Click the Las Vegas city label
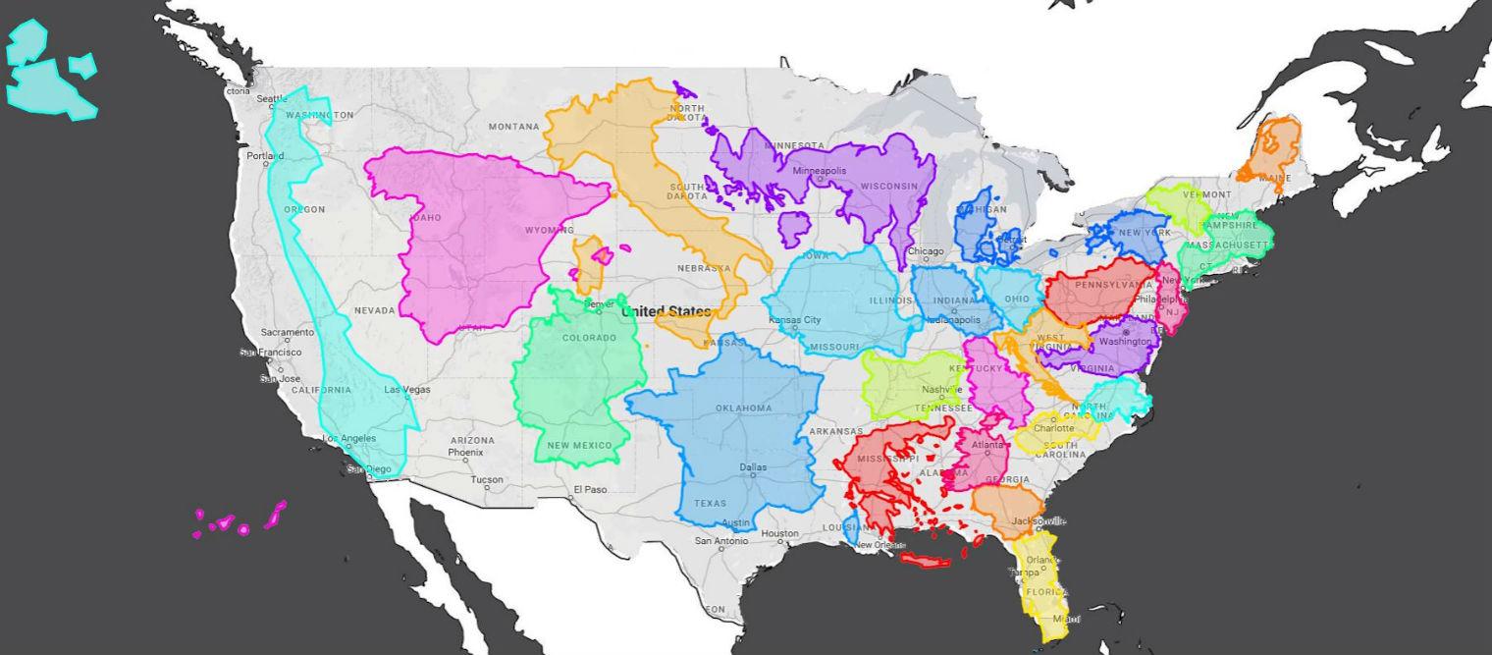(x=406, y=390)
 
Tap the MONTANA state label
(x=514, y=127)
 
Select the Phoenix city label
(x=465, y=453)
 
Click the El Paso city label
(x=591, y=489)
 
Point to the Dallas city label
(x=754, y=467)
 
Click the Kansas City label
(x=795, y=321)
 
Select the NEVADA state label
(x=374, y=310)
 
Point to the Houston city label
(x=780, y=534)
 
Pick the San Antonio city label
(x=721, y=541)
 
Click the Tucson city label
(x=486, y=480)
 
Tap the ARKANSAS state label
(x=835, y=431)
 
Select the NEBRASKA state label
(x=704, y=268)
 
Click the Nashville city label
(x=941, y=390)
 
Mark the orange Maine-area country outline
(x=1269, y=149)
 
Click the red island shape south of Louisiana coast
(x=927, y=561)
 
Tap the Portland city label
(x=264, y=156)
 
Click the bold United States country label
(x=666, y=311)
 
